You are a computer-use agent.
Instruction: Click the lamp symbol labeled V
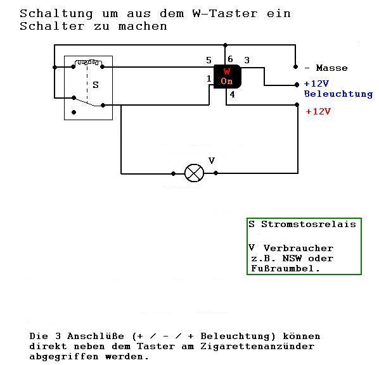pyautogui.click(x=194, y=173)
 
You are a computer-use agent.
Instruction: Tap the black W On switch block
pyautogui.click(x=227, y=77)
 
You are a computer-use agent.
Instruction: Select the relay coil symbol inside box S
pyautogui.click(x=87, y=63)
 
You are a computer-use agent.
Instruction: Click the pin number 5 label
pyautogui.click(x=209, y=60)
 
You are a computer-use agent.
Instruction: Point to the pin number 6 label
pyautogui.click(x=230, y=59)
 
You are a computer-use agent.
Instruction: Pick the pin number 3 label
pyautogui.click(x=247, y=60)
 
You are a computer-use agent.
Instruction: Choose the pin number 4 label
pyautogui.click(x=233, y=94)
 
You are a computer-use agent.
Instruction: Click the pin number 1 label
pyautogui.click(x=209, y=78)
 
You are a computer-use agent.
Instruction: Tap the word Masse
pyautogui.click(x=332, y=68)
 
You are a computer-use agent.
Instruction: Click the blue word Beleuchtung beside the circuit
pyautogui.click(x=338, y=94)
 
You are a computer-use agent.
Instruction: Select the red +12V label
pyautogui.click(x=318, y=111)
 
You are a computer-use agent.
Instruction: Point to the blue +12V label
pyautogui.click(x=316, y=84)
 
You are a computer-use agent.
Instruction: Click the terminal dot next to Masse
pyautogui.click(x=295, y=66)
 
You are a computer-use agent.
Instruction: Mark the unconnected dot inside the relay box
pyautogui.click(x=74, y=112)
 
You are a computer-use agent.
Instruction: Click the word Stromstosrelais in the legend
pyautogui.click(x=309, y=225)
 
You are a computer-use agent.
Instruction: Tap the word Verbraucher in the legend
pyautogui.click(x=299, y=248)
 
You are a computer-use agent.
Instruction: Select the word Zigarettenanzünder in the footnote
pyautogui.click(x=257, y=347)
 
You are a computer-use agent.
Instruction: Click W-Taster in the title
pyautogui.click(x=225, y=13)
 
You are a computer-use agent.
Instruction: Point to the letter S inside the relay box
pyautogui.click(x=96, y=85)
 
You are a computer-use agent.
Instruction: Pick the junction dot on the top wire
pyautogui.click(x=225, y=45)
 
